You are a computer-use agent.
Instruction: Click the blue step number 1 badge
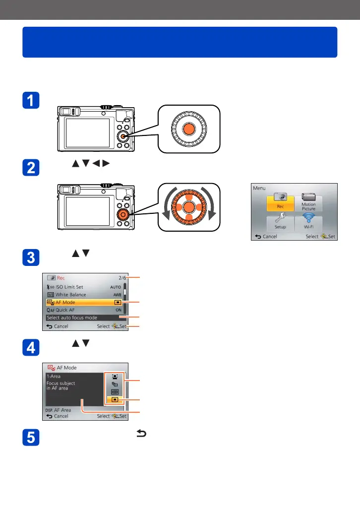31,101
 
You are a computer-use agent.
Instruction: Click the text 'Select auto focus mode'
72,318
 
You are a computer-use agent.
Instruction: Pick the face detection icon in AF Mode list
115,377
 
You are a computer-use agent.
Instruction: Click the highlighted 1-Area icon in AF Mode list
115,400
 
